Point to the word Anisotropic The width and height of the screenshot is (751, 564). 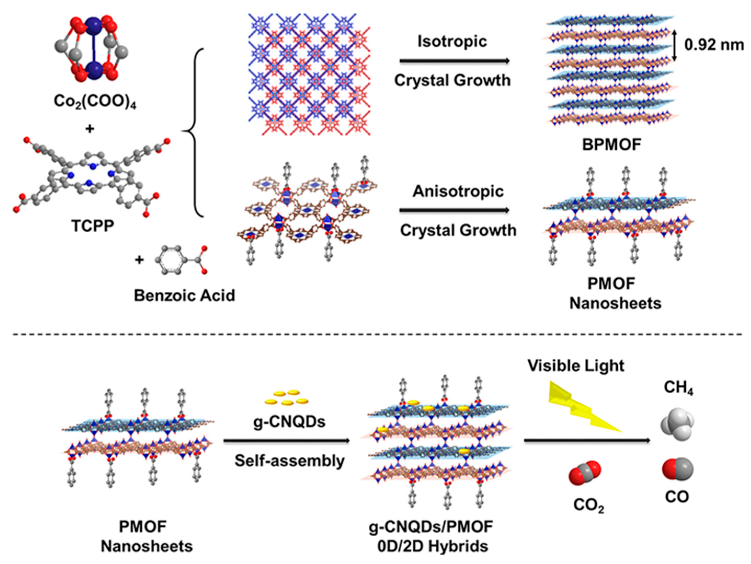click(458, 192)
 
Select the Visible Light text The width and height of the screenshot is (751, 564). click(576, 366)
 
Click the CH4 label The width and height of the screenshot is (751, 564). click(678, 387)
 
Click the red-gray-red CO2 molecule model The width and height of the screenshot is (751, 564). click(585, 472)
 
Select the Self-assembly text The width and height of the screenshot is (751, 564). click(290, 461)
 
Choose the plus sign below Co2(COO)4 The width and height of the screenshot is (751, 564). click(90, 129)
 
